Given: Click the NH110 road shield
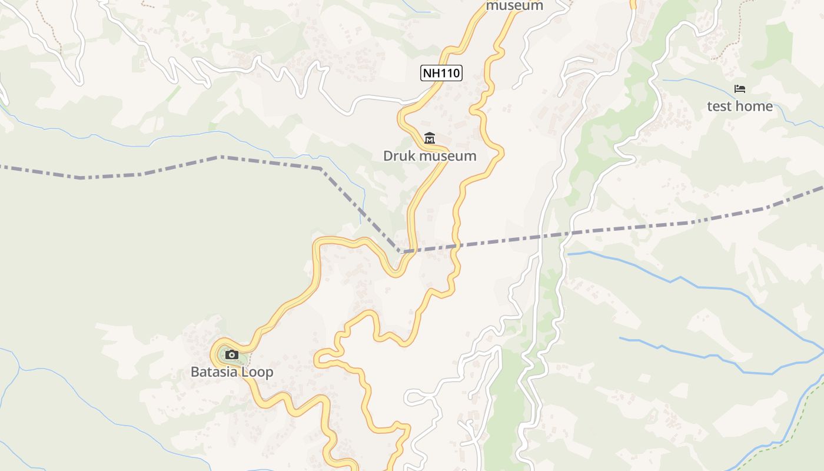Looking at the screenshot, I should point(441,73).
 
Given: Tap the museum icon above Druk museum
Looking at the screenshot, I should point(430,138).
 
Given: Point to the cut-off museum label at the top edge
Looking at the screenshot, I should point(514,6).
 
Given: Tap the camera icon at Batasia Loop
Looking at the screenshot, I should point(232,354).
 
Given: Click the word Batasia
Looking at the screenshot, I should point(213,372).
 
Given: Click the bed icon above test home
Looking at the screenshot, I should point(740,89).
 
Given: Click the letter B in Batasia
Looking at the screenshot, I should point(195,372).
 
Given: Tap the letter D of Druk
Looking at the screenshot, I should point(388,156).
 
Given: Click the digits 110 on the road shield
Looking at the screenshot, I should point(449,73).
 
